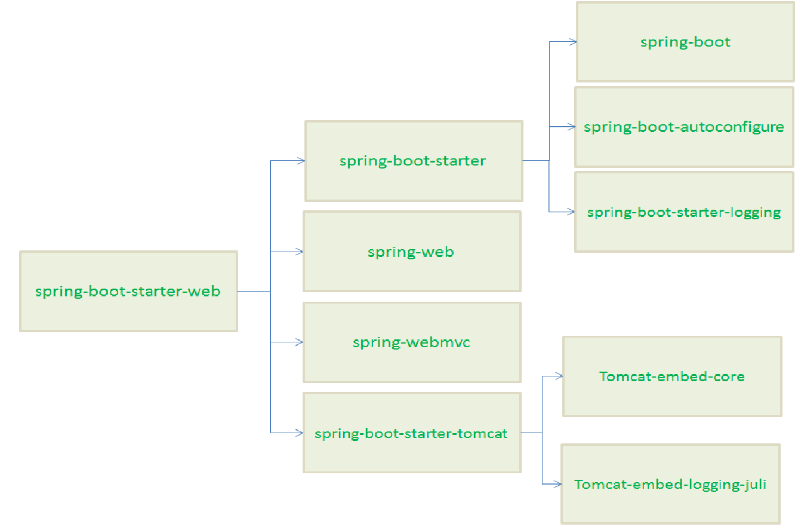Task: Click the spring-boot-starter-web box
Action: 128,291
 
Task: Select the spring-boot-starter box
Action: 414,161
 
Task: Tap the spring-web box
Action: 412,252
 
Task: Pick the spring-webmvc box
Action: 412,342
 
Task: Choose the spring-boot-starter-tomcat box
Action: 412,433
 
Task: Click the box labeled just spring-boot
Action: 685,42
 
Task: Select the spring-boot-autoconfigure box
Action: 684,127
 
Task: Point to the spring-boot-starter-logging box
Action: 684,212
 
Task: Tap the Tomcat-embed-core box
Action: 672,376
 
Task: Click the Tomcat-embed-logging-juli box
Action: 670,484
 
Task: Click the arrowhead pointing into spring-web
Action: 300,252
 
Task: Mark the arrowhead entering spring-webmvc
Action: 300,342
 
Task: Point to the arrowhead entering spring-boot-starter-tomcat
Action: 300,433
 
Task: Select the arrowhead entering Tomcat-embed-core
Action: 559,376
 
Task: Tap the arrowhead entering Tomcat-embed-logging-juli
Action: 558,484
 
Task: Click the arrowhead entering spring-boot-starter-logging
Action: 571,212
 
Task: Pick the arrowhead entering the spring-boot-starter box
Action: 301,160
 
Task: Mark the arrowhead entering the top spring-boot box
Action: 573,42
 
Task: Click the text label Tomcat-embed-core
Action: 672,376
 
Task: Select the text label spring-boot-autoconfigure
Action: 684,127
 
